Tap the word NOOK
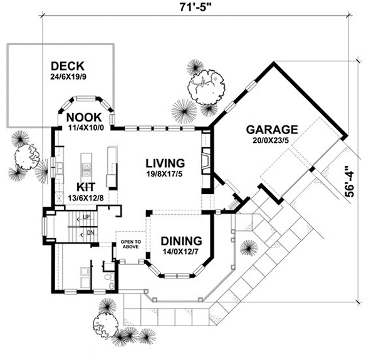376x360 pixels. (84, 117)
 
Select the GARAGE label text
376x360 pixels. (271, 130)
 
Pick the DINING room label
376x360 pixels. (181, 240)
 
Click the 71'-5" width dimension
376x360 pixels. (196, 8)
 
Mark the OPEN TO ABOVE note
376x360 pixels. (130, 244)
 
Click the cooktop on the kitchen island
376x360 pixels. (86, 168)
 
